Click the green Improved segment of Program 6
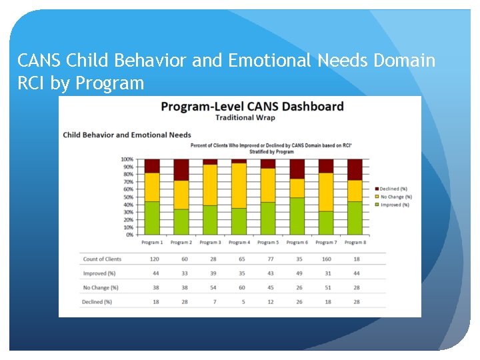coord(297,216)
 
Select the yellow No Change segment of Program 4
coord(239,185)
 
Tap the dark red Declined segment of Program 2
coord(181,170)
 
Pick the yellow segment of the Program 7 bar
coord(326,192)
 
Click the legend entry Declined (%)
coord(395,189)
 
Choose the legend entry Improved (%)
coord(395,205)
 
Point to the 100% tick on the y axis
coord(127,159)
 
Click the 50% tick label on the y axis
coord(128,197)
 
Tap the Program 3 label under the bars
coord(209,243)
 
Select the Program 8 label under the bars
coord(355,243)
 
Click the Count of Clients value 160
coord(326,259)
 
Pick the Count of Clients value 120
coord(155,259)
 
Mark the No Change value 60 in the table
coord(242,287)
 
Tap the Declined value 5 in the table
coord(242,302)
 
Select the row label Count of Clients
coord(102,259)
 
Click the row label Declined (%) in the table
coord(97,302)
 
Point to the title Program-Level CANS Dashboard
coord(253,107)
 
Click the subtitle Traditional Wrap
coord(245,118)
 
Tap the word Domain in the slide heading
coord(395,61)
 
